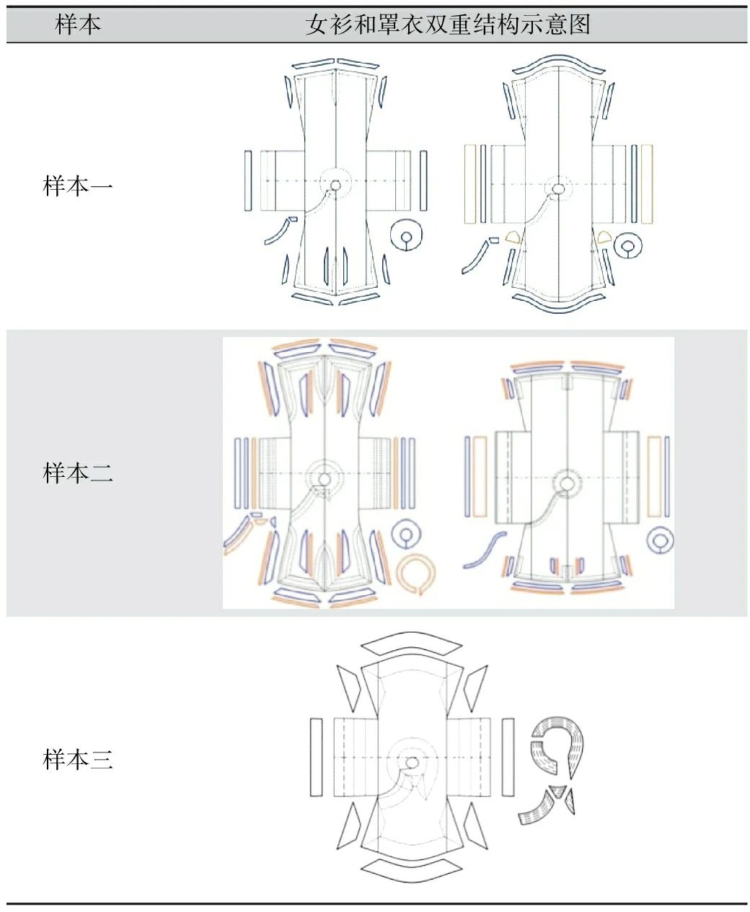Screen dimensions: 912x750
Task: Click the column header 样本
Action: click(78, 25)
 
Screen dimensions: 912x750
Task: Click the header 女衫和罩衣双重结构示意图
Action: click(447, 25)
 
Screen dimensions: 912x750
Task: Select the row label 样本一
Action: click(78, 187)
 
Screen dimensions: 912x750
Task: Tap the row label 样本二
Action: click(78, 473)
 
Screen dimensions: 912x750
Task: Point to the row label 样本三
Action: click(78, 759)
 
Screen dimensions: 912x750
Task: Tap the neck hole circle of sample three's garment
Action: click(412, 762)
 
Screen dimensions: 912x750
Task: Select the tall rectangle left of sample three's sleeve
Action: click(316, 757)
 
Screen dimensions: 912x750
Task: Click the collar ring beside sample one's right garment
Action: click(629, 247)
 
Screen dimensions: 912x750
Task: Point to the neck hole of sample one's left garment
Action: click(335, 185)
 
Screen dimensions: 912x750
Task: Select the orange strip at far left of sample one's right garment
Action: click(470, 183)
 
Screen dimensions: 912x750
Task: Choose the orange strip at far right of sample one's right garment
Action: click(647, 183)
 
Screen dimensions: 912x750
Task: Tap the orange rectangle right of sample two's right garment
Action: click(654, 476)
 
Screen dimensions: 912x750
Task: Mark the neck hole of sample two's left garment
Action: click(325, 479)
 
